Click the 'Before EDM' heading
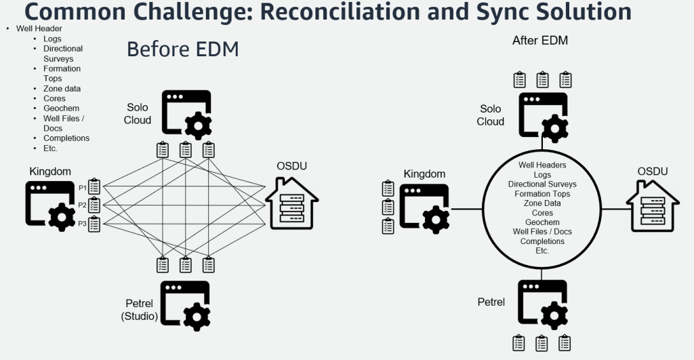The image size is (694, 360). [x=182, y=49]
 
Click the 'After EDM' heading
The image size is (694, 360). [x=539, y=41]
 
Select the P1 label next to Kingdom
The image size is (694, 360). [x=82, y=186]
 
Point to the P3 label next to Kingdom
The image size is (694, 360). [x=82, y=223]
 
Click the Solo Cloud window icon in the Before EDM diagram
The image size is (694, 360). [x=186, y=115]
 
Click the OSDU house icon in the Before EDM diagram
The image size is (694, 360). [x=291, y=203]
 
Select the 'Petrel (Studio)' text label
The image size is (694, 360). [x=140, y=311]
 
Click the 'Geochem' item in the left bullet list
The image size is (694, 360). [x=61, y=108]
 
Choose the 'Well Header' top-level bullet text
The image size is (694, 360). [x=39, y=29]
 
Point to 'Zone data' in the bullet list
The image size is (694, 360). [x=62, y=89]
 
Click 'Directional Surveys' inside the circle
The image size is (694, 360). [x=542, y=184]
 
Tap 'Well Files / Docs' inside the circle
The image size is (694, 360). [x=542, y=232]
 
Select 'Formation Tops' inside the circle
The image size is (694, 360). [x=542, y=194]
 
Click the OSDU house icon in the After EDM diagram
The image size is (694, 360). [x=652, y=206]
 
